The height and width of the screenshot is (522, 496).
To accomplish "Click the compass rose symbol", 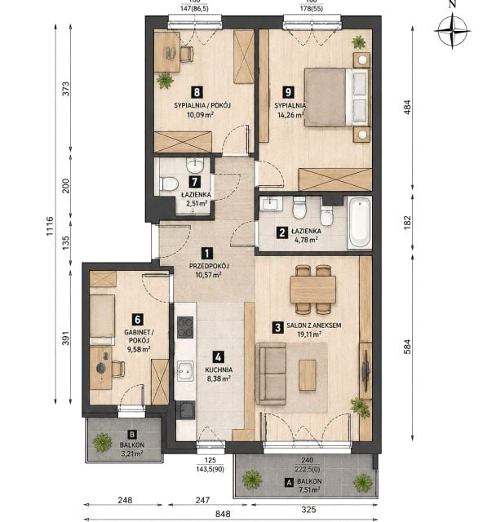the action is click(x=452, y=31).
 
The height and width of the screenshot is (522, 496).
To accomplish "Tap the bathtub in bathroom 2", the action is click(x=359, y=223).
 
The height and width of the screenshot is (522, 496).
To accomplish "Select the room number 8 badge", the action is click(x=197, y=92).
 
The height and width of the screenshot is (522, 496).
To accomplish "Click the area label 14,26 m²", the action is click(x=290, y=115).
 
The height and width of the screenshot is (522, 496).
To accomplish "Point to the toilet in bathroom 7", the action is click(x=168, y=184).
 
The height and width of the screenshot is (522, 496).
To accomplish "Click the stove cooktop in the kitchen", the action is click(x=185, y=327).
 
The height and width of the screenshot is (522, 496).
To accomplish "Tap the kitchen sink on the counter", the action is click(x=185, y=371).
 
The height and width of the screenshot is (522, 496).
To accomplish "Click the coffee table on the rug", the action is click(x=308, y=375).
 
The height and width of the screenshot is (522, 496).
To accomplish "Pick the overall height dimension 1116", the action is click(x=50, y=226).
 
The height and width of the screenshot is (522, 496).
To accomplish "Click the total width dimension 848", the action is click(x=223, y=514).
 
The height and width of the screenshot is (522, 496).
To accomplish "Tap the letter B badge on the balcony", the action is click(x=132, y=435).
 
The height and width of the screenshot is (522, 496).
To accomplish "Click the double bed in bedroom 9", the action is click(x=336, y=97).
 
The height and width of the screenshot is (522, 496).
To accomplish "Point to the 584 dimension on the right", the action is click(x=407, y=347).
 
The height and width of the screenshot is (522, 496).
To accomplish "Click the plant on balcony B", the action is click(x=103, y=442).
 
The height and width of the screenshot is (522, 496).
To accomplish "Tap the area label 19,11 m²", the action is click(x=309, y=334).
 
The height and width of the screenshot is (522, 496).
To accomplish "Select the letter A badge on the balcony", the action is click(x=290, y=482).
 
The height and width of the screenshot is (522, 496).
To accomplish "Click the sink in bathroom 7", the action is click(x=195, y=165).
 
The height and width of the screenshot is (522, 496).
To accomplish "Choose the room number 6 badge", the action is click(x=138, y=320).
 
